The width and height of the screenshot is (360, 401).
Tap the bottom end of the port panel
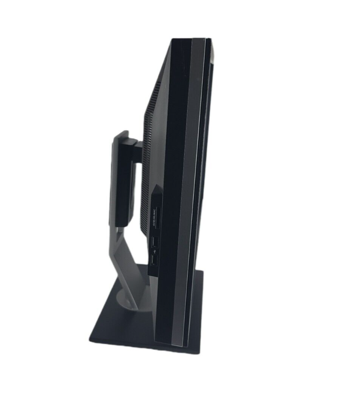[153, 273]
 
